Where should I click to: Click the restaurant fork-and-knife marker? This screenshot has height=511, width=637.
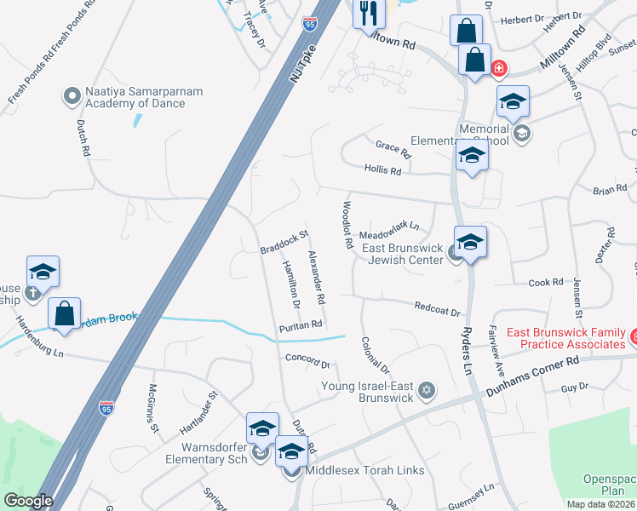(x=369, y=13)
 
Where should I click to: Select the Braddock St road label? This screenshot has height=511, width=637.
(x=284, y=242)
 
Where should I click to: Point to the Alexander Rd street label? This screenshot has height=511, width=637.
(x=317, y=278)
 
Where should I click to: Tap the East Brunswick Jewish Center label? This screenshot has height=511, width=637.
(x=403, y=254)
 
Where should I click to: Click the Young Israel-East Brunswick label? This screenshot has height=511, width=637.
(x=367, y=392)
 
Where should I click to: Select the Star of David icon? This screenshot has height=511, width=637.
(x=427, y=392)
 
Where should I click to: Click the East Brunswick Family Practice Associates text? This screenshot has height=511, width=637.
(x=565, y=338)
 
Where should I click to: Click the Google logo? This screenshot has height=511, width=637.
(x=27, y=500)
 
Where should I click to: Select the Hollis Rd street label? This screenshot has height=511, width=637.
(x=382, y=170)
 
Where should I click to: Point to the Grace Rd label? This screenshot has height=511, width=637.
(x=393, y=150)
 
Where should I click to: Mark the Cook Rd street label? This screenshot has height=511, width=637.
(x=546, y=282)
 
